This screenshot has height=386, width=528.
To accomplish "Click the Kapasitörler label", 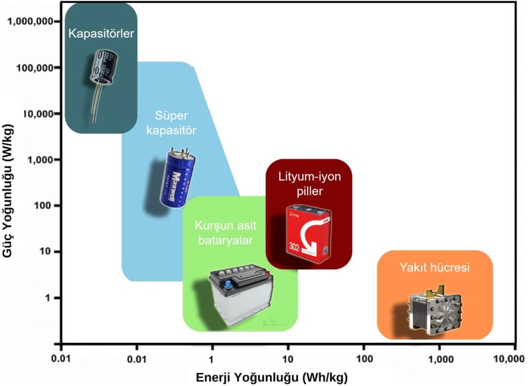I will point(102,34).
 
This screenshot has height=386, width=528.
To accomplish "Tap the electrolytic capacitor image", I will point(101,75).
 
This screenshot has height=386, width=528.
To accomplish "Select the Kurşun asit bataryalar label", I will point(225,233).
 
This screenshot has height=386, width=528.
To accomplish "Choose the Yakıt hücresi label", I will point(435,267).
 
